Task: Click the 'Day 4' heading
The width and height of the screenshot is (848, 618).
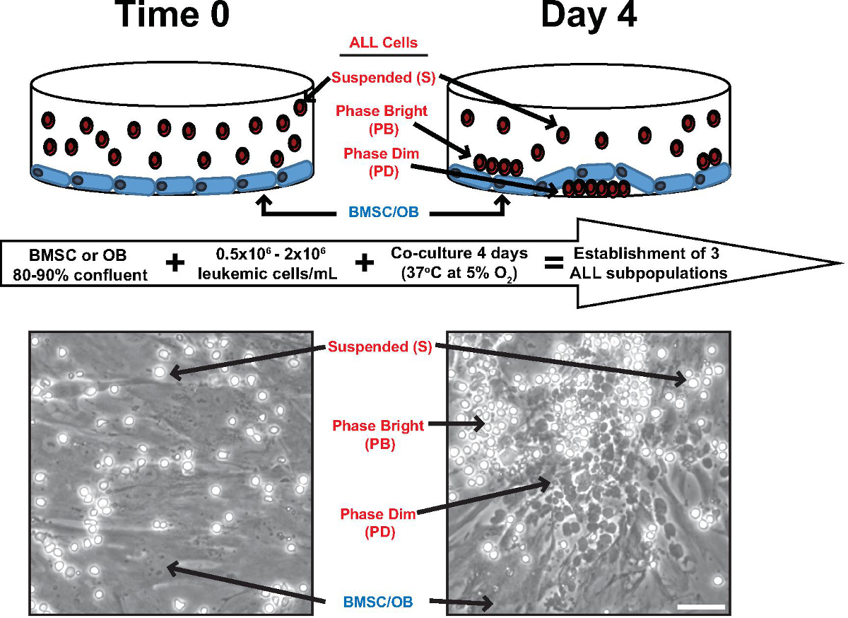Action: [x=588, y=16]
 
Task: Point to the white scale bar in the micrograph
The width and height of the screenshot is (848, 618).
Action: [x=700, y=606]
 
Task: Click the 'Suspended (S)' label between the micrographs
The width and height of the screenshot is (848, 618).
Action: [x=378, y=346]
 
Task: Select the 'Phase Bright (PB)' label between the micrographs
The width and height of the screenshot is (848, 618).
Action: [x=379, y=434]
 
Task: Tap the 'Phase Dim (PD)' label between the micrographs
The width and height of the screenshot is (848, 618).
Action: [x=377, y=522]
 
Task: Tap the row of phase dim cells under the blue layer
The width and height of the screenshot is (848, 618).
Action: [x=596, y=188]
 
